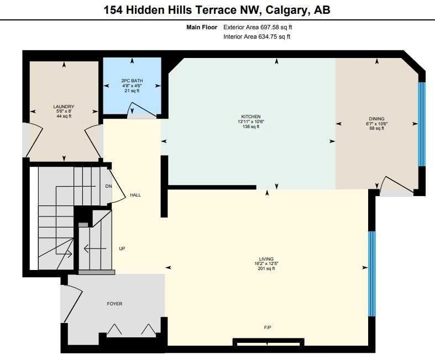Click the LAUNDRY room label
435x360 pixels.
[x=64, y=107]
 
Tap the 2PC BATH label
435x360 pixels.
[x=132, y=81]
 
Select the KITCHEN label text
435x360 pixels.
[x=251, y=117]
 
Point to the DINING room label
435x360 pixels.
[x=377, y=119]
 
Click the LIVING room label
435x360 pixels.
[x=266, y=259]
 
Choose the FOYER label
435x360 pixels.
[x=114, y=304]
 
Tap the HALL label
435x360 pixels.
[x=135, y=195]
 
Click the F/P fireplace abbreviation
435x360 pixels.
[x=268, y=327]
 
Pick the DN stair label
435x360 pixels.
[x=108, y=186]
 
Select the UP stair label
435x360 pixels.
[x=122, y=249]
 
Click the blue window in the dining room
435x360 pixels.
[x=421, y=124]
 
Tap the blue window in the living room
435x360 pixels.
[x=372, y=274]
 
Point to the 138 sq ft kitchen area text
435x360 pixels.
[x=251, y=126]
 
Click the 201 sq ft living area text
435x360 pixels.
[x=266, y=268]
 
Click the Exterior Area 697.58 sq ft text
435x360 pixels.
[x=258, y=27]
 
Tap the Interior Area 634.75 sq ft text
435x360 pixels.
[x=257, y=36]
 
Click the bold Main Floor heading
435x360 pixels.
[x=202, y=27]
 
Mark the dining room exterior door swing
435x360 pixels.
[x=397, y=183]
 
